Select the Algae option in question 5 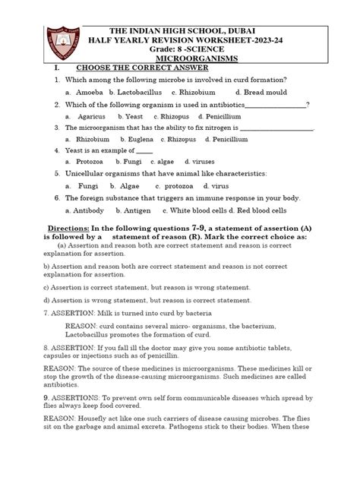click(129, 185)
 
